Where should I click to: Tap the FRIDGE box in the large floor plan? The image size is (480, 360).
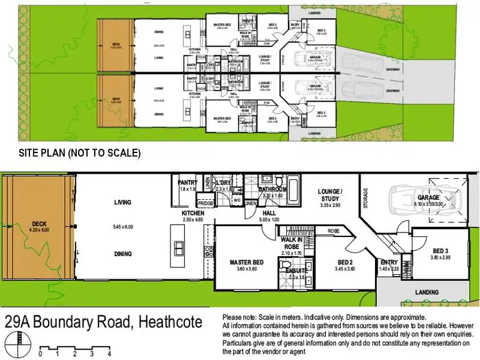point(206,203)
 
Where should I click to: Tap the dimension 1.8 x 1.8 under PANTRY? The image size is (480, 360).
point(188,190)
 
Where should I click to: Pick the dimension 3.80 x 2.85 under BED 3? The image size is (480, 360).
point(442,257)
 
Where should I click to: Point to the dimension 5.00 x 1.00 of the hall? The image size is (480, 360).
point(269,220)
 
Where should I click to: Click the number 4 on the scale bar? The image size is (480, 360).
point(109,354)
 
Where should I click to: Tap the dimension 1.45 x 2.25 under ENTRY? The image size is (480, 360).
point(388,269)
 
